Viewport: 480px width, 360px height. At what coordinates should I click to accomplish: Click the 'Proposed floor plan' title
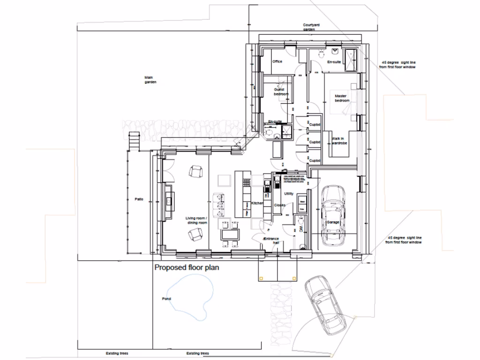(187, 269)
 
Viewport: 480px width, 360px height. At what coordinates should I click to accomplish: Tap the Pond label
(166, 299)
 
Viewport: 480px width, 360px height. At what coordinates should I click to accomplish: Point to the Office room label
(277, 61)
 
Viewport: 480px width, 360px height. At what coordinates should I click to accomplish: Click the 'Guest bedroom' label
(280, 91)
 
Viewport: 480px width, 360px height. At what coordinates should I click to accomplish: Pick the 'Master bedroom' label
(342, 98)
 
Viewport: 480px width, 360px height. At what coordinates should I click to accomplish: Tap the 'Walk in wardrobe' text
(338, 141)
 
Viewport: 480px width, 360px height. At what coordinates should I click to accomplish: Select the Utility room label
(289, 193)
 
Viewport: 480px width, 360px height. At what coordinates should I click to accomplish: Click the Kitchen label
(257, 203)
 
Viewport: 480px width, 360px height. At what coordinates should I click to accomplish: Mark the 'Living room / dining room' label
(196, 220)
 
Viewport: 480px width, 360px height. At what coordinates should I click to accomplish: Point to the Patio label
(138, 199)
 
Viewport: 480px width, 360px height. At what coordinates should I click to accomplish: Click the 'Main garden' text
(150, 80)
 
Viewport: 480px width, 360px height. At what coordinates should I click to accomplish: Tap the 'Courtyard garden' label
(309, 27)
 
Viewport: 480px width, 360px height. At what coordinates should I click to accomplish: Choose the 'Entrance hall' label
(272, 241)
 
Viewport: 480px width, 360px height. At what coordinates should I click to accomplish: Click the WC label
(300, 229)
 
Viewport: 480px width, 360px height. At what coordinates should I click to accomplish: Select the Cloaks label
(280, 205)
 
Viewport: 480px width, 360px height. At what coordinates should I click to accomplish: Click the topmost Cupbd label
(314, 124)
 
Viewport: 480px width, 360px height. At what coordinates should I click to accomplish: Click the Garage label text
(333, 222)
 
